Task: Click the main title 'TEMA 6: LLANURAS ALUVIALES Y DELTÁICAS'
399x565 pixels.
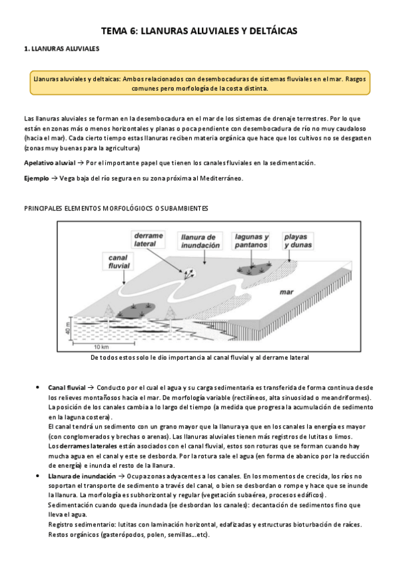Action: tap(199, 31)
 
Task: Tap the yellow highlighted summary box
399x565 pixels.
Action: tap(199, 83)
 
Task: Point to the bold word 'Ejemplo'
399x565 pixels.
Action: tap(36, 178)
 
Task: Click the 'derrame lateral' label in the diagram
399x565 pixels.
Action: tap(149, 240)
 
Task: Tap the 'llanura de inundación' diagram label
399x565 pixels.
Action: tap(199, 240)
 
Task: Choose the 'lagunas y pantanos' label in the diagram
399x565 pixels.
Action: tap(251, 240)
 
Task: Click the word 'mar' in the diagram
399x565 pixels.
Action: tap(286, 291)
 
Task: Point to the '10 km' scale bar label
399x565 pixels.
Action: tap(101, 347)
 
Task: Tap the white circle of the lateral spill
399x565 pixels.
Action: tap(189, 273)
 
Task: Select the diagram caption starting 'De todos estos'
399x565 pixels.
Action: tap(199, 358)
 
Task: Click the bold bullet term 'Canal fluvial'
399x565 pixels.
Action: tap(67, 387)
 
